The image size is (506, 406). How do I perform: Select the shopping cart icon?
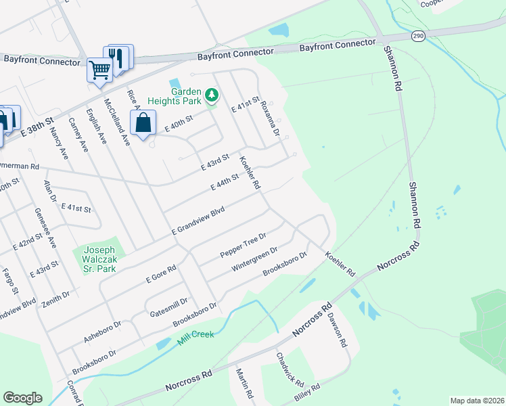99,69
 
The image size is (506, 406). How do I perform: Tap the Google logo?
22,398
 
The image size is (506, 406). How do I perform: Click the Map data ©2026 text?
476,401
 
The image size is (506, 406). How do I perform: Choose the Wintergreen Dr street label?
254,259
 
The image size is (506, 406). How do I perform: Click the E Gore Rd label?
162,273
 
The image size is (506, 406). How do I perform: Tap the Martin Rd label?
244,383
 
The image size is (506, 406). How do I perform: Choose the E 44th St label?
226,182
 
